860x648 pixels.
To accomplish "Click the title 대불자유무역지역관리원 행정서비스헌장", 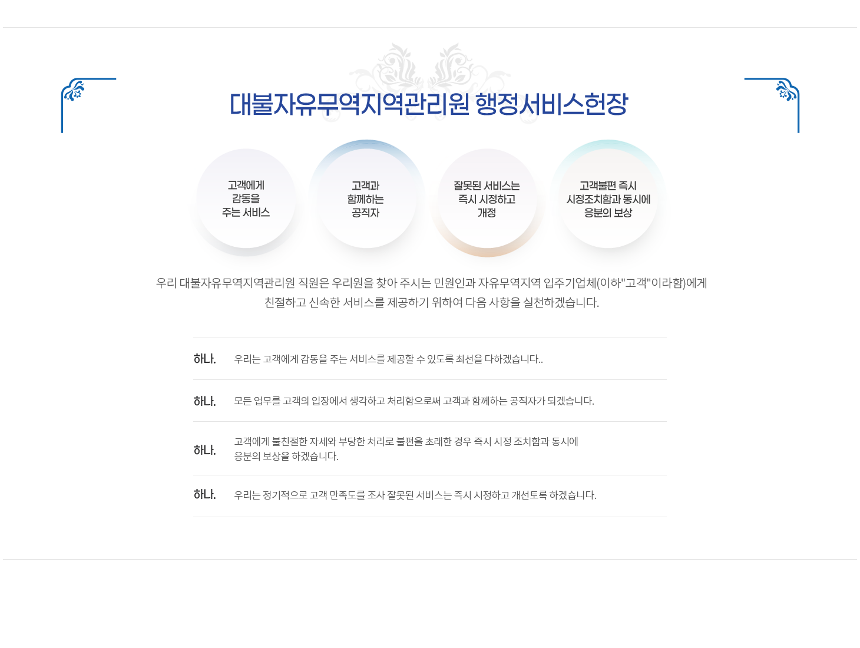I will (428, 105).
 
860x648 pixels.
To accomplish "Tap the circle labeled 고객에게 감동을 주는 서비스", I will (246, 199).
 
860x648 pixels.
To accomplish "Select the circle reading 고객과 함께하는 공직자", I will (365, 199).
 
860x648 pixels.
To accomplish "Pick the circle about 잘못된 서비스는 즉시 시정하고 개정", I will (487, 199).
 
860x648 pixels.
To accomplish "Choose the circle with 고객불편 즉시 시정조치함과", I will (608, 199).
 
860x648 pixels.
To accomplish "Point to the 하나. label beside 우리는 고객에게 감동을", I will (204, 359).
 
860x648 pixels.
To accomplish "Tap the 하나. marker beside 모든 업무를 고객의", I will (204, 401).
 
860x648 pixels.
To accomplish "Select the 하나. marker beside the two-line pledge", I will (204, 450).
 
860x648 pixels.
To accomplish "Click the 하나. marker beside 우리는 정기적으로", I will (204, 494).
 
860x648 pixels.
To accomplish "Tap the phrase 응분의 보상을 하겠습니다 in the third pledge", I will (286, 457).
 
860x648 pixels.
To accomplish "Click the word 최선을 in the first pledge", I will (469, 359).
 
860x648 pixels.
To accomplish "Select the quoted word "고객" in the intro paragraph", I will (635, 283).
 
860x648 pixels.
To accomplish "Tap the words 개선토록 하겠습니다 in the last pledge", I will (554, 495).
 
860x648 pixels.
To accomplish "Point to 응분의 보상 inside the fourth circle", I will (608, 213).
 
